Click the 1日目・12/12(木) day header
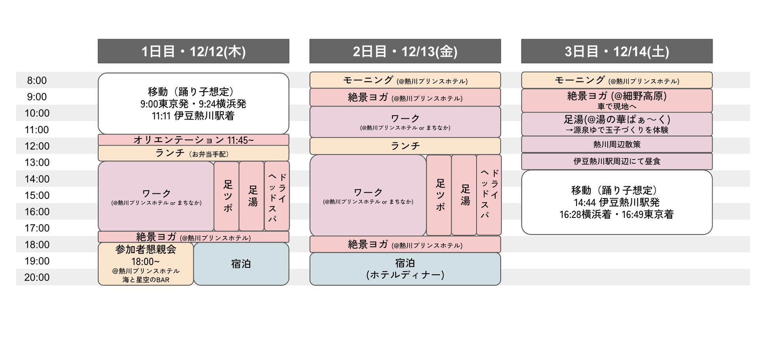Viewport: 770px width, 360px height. pyautogui.click(x=193, y=51)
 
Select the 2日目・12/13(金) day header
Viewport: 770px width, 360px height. pyautogui.click(x=405, y=51)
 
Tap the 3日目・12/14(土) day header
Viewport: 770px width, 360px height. pyautogui.click(x=616, y=51)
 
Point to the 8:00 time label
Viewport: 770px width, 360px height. pyautogui.click(x=37, y=81)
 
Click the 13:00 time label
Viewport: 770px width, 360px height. pyautogui.click(x=37, y=163)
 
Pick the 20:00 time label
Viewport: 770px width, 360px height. pyautogui.click(x=37, y=277)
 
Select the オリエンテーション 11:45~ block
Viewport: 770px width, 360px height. pyautogui.click(x=193, y=140)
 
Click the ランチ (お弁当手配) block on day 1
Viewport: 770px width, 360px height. pyautogui.click(x=193, y=153)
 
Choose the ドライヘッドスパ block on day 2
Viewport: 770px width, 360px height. pyautogui.click(x=489, y=195)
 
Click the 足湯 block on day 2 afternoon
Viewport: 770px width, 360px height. pyautogui.click(x=464, y=195)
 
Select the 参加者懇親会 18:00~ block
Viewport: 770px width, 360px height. pyautogui.click(x=146, y=264)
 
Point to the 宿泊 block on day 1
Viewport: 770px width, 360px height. pyautogui.click(x=241, y=264)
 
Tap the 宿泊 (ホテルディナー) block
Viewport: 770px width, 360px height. pyautogui.click(x=405, y=269)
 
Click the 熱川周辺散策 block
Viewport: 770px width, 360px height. pyautogui.click(x=616, y=144)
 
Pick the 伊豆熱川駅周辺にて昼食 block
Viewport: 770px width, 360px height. pyautogui.click(x=616, y=161)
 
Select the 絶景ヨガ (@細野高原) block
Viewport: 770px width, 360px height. pyautogui.click(x=616, y=100)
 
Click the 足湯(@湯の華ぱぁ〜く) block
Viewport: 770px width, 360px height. pyautogui.click(x=616, y=124)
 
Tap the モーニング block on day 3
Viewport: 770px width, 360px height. pyautogui.click(x=616, y=81)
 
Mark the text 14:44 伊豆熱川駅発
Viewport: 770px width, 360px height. pyautogui.click(x=616, y=202)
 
